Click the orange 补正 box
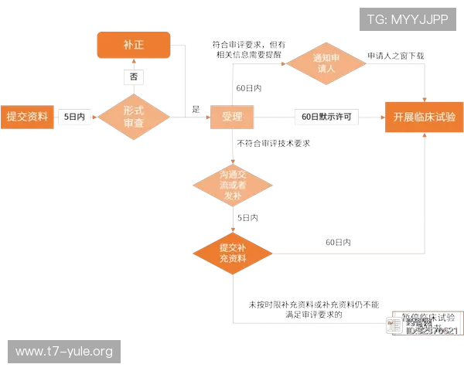[133, 46]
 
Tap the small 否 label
[134, 77]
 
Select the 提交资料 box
[27, 117]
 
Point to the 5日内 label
[74, 117]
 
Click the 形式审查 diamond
[134, 117]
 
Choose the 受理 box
[232, 117]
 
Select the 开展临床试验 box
[424, 117]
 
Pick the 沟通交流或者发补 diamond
[232, 184]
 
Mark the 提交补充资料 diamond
[232, 252]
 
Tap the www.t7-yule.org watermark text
[64, 352]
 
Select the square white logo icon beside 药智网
[394, 325]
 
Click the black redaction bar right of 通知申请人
[395, 54]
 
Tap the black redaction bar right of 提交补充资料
[336, 241]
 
